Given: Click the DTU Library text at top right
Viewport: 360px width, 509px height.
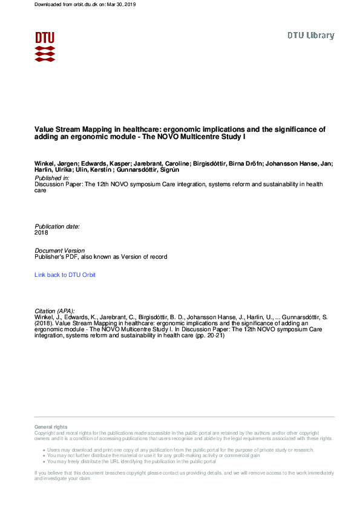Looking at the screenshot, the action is (310, 36).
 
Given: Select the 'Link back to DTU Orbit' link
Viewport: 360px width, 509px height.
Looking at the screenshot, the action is (65, 275).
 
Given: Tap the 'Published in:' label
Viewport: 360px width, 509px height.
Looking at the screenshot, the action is (53, 179).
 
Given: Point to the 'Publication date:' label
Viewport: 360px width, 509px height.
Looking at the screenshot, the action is (57, 226).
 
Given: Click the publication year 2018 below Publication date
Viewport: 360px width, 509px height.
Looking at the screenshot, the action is (42, 232).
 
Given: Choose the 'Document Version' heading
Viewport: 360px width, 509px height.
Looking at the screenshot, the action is (59, 250).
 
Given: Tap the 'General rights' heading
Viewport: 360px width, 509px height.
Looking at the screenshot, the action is (51, 427).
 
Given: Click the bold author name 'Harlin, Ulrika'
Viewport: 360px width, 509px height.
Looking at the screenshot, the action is (52, 170).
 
